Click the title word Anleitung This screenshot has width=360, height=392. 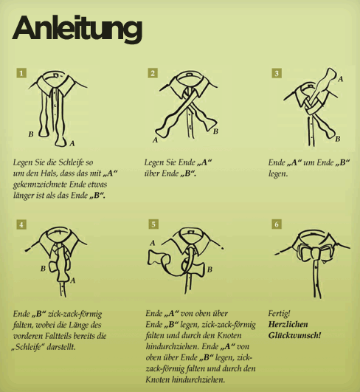click(x=77, y=29)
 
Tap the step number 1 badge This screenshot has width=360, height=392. click(x=21, y=73)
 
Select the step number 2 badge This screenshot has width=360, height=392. click(x=153, y=73)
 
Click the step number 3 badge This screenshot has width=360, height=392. click(x=277, y=73)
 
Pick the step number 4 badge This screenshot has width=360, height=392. click(x=21, y=224)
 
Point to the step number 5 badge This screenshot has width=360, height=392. click(x=153, y=224)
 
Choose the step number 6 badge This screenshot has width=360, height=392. click(x=277, y=224)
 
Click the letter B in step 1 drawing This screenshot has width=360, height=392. click(x=31, y=134)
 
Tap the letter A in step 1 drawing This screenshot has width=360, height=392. click(x=72, y=143)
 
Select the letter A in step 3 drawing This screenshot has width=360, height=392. click(x=340, y=79)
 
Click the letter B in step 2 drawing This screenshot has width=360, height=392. click(x=215, y=131)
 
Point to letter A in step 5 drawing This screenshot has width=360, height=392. click(x=153, y=243)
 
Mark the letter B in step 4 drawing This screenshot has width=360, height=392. click(x=44, y=269)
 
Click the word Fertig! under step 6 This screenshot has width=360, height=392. click(x=279, y=313)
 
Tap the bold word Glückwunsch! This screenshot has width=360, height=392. click(x=294, y=335)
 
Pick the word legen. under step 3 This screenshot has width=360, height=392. click(x=278, y=173)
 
